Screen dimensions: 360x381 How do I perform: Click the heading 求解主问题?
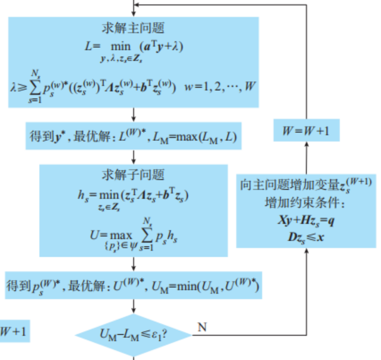(133, 27)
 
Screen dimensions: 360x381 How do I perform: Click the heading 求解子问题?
(133, 175)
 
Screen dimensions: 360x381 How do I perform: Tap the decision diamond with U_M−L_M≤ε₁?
(133, 335)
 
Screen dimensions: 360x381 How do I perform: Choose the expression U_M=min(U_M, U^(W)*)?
(212, 287)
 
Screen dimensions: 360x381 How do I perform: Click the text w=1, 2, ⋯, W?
(221, 86)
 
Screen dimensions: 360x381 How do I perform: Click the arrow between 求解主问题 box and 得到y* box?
(133, 114)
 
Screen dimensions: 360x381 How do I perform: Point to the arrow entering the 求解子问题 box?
(133, 158)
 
